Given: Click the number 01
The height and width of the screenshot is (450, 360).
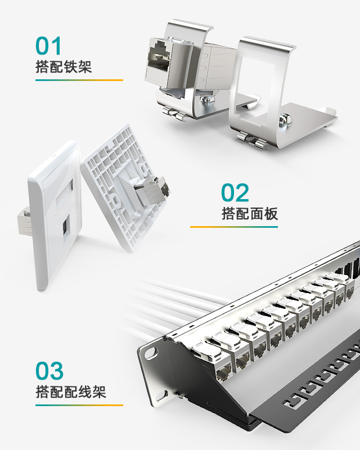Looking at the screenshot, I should [48, 46].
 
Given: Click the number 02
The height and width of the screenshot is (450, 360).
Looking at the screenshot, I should [235, 193].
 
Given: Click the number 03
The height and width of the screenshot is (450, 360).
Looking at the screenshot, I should [49, 371].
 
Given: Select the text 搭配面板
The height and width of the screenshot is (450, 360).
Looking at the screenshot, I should [250, 214].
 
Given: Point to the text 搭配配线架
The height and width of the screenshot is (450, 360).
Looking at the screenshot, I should [70, 391].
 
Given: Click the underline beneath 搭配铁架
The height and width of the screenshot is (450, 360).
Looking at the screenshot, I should [79, 80].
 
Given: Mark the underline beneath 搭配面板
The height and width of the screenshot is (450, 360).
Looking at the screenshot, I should [233, 227].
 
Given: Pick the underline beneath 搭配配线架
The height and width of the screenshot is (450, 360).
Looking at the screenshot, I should [79, 405].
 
